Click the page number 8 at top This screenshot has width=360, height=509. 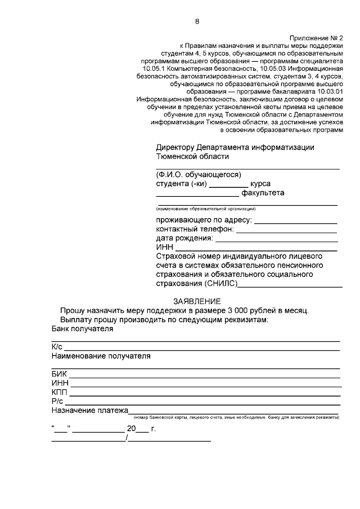coord(197,21)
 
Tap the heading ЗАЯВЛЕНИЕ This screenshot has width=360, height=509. coord(197,302)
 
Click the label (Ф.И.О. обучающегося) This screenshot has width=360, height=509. coord(199,174)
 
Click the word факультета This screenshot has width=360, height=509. coord(263,193)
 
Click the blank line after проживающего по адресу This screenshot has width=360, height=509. coord(295,220)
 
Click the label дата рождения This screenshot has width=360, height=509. coord(184,238)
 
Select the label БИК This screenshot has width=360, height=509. coord(59,374)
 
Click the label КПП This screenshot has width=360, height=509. coord(59,392)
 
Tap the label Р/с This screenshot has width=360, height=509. coord(57,401)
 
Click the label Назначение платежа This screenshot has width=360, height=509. coord(90,411)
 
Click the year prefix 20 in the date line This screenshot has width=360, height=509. coord(131,429)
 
